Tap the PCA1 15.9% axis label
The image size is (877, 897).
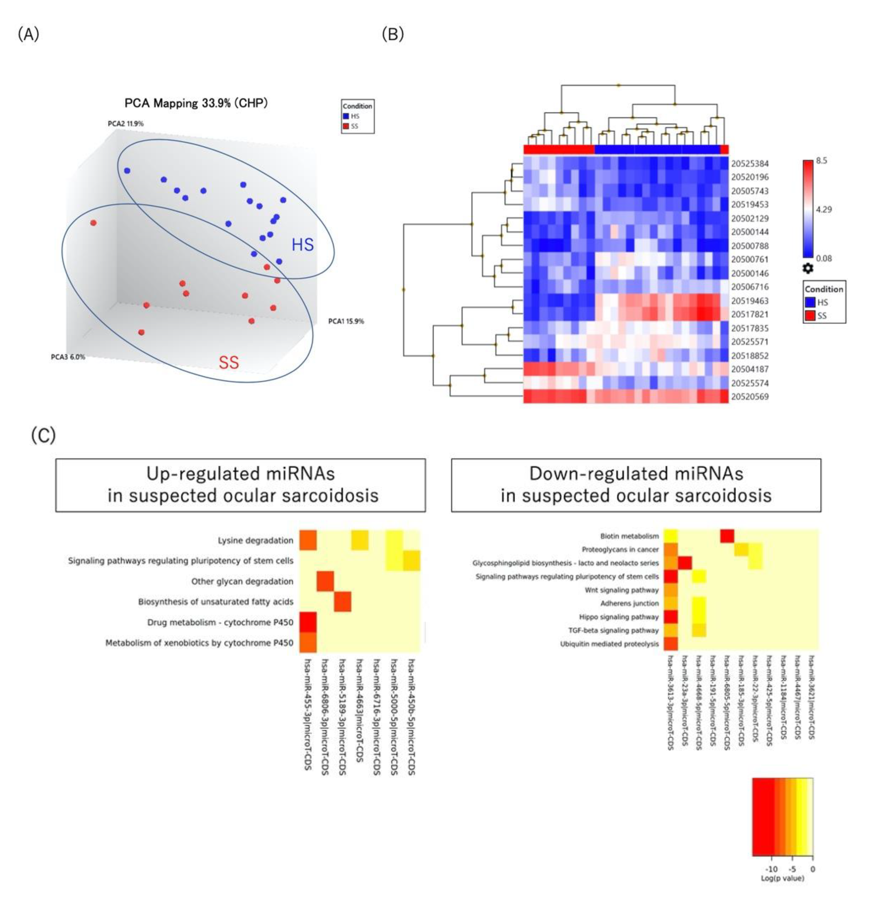346,321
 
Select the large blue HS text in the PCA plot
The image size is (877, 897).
303,244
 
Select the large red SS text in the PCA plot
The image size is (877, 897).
229,363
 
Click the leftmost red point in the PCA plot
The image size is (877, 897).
94,223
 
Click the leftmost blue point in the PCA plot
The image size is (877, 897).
127,171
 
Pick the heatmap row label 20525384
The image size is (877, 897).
750,163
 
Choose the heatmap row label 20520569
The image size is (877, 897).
750,396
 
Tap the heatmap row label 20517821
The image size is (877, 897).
750,315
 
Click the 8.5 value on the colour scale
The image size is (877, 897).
822,161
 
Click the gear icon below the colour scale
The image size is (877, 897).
808,268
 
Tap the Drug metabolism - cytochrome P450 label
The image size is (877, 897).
220,622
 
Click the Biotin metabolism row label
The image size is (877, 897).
629,536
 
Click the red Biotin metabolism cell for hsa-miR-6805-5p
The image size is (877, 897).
727,536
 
